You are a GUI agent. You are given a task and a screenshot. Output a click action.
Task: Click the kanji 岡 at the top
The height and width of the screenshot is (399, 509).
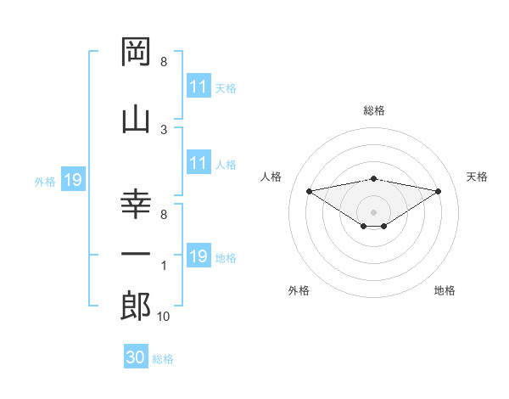tap(136, 51)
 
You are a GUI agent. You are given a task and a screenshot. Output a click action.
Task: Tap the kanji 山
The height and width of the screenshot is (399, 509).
tap(136, 121)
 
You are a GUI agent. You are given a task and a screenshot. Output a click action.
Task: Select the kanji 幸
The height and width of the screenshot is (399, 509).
tap(136, 205)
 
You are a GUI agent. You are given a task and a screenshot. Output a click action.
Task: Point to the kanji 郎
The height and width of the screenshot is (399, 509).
tap(136, 306)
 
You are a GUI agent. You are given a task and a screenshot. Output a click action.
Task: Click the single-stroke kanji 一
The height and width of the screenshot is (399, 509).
tap(136, 254)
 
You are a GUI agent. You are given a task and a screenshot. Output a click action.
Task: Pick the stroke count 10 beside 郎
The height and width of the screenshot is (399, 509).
tap(163, 317)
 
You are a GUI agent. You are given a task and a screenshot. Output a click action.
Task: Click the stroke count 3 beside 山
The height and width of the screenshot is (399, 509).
tap(164, 130)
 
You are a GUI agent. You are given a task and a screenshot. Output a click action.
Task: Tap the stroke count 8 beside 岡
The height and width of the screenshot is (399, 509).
tap(164, 62)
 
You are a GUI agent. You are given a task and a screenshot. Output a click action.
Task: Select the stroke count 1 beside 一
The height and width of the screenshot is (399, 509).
tap(164, 266)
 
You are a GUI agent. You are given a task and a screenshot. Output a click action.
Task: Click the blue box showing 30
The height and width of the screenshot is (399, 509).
tap(136, 356)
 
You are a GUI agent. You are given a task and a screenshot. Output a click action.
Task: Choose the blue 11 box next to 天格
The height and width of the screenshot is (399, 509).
tap(199, 86)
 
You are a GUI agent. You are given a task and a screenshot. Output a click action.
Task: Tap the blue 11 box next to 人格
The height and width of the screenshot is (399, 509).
tap(199, 162)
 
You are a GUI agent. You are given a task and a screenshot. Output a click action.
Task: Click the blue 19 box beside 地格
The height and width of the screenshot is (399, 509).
tap(199, 255)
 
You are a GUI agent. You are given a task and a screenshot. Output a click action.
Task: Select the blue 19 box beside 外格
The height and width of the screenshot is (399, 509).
tap(73, 179)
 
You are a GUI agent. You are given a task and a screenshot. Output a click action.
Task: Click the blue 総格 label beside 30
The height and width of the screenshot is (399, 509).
tap(163, 359)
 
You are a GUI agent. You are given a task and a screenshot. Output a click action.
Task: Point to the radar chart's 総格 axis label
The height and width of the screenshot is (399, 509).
tap(374, 110)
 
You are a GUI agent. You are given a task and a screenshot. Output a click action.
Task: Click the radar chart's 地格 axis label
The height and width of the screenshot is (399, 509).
tap(445, 290)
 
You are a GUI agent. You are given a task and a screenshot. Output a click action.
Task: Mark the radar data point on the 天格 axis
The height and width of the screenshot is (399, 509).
tap(438, 191)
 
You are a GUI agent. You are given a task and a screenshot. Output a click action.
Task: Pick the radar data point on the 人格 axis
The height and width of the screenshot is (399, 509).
tap(309, 191)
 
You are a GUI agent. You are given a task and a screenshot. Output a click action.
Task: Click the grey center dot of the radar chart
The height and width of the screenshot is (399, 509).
tap(373, 212)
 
